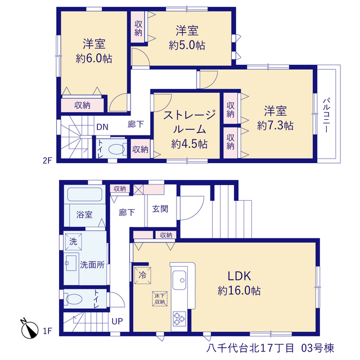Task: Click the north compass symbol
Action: click(29, 329)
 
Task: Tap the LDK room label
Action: click(239, 276)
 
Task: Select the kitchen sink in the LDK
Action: click(179, 280)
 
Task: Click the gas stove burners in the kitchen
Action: click(179, 318)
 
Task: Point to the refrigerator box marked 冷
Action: click(142, 275)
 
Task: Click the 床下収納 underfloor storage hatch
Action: click(160, 299)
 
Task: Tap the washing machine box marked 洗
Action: click(74, 241)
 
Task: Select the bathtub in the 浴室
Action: click(85, 195)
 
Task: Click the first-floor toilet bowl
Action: click(74, 299)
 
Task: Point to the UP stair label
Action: click(117, 321)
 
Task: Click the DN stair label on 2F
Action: click(102, 127)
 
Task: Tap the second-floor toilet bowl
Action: click(116, 149)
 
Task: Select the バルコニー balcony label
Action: click(326, 115)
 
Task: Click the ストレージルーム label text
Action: click(190, 122)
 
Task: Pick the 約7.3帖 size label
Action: click(275, 126)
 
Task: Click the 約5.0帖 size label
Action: click(187, 45)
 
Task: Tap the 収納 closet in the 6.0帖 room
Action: click(82, 105)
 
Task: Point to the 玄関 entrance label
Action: click(160, 209)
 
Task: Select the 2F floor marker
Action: click(47, 160)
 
